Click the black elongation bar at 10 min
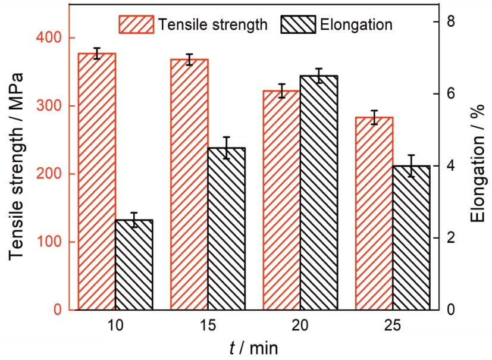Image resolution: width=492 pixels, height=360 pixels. (134, 265)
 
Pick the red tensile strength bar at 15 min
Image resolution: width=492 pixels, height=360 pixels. (189, 184)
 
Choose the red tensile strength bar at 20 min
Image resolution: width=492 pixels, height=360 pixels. (281, 200)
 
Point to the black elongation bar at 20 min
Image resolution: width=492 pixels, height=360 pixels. (319, 193)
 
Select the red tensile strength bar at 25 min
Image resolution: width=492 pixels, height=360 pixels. (374, 213)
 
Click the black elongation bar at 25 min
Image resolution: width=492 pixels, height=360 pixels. (411, 238)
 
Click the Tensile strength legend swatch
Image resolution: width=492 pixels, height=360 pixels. (137, 24)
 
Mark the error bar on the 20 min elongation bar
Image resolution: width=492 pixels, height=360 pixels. (319, 76)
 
